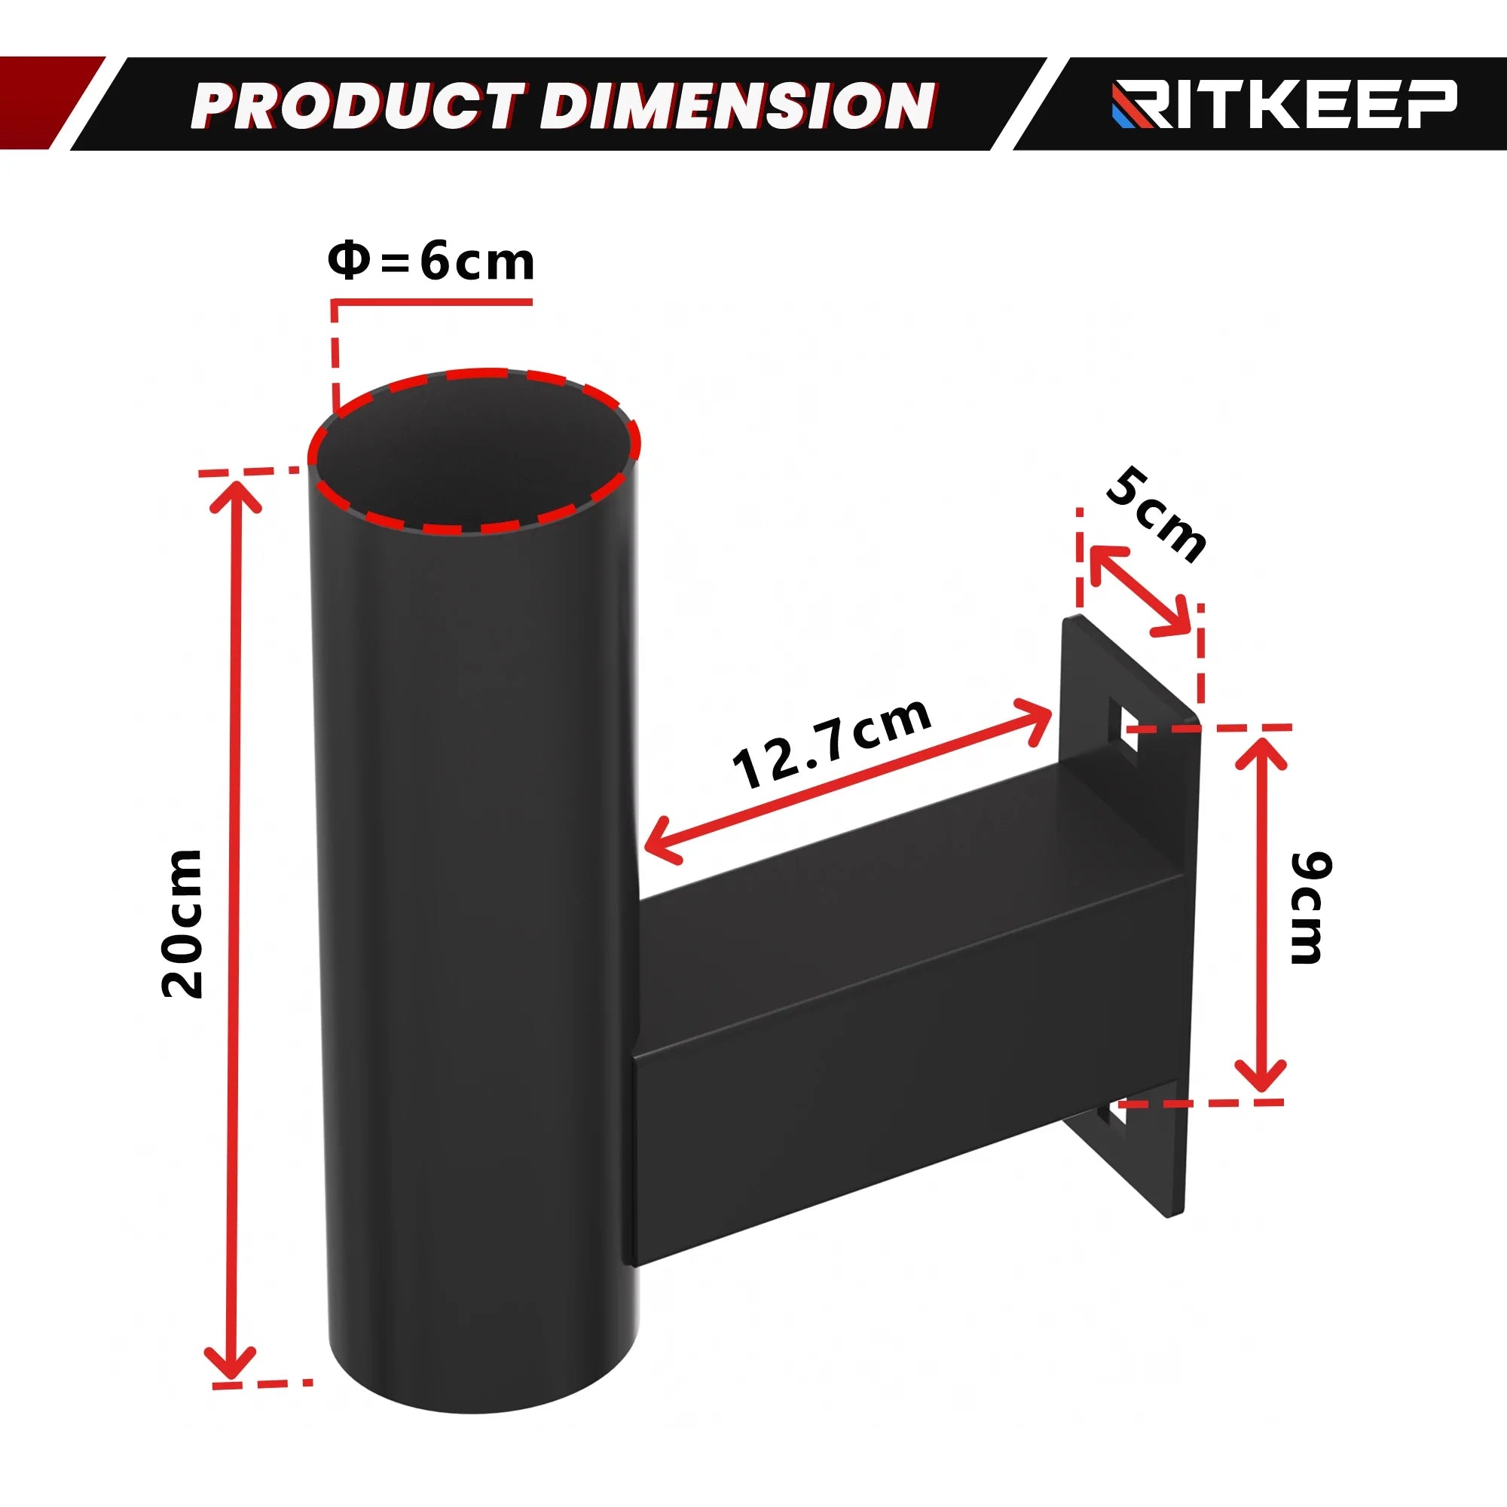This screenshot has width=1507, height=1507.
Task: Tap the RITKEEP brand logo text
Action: tap(1284, 104)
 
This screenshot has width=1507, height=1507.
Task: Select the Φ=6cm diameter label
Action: tap(431, 261)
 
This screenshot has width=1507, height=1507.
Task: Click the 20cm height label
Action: tap(182, 925)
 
